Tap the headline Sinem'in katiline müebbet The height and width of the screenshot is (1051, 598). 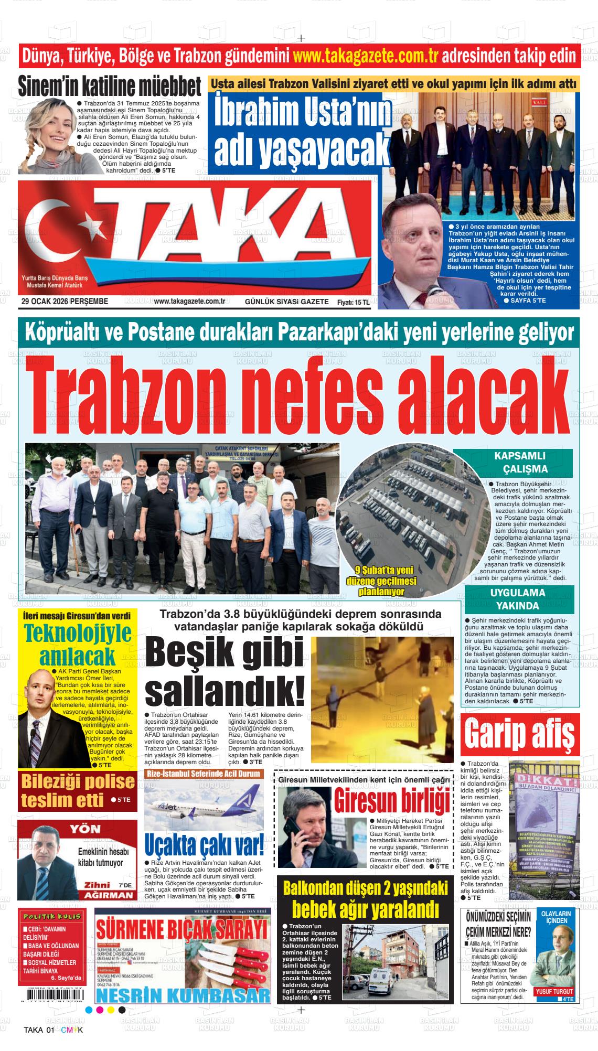coord(110,87)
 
